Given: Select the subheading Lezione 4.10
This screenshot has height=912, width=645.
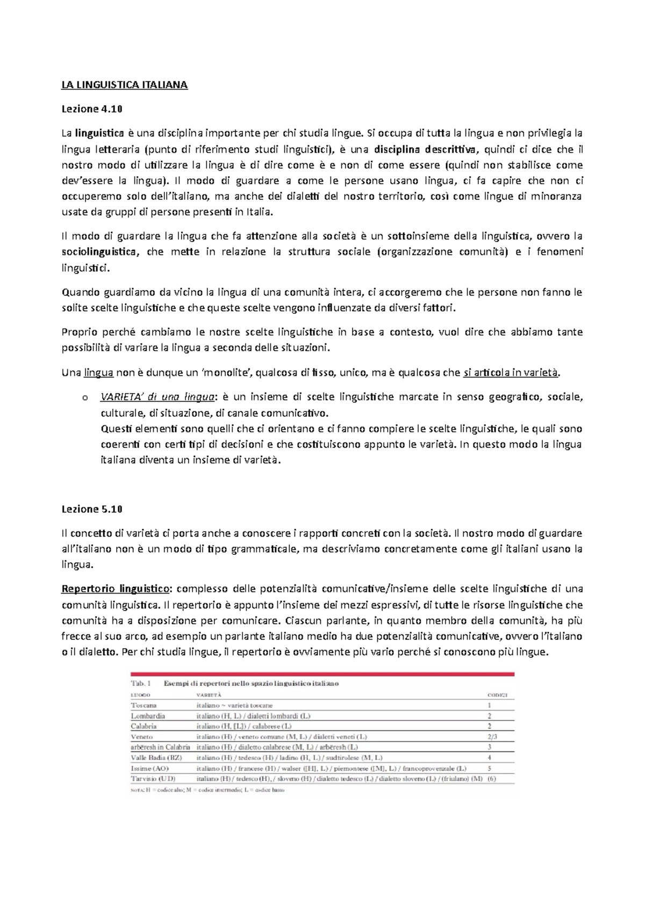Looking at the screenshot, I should click(92, 109).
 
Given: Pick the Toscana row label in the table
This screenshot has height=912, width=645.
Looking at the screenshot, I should click(144, 705).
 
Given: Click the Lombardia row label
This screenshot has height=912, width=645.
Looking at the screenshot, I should click(148, 716).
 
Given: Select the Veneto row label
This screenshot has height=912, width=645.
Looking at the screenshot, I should click(142, 737).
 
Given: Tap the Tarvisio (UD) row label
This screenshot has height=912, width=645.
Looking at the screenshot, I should click(153, 778).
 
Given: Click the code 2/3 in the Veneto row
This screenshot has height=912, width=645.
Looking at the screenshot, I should click(492, 737).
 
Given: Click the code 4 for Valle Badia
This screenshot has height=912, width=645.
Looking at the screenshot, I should click(489, 757).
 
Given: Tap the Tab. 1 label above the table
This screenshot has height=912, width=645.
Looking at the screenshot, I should click(141, 684).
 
